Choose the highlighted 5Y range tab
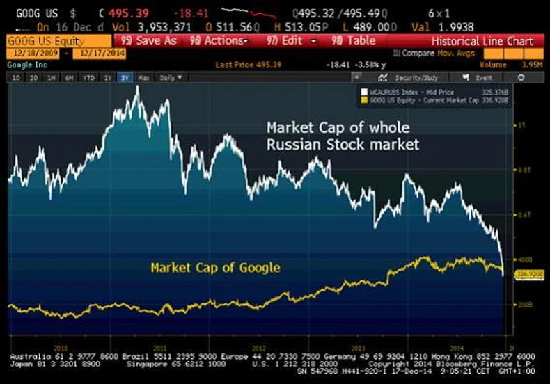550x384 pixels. (x=125, y=78)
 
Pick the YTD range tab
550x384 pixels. (x=88, y=78)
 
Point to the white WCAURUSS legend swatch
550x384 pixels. (x=363, y=91)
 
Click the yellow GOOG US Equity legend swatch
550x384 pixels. (x=363, y=99)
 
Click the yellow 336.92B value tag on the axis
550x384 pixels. (x=524, y=275)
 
